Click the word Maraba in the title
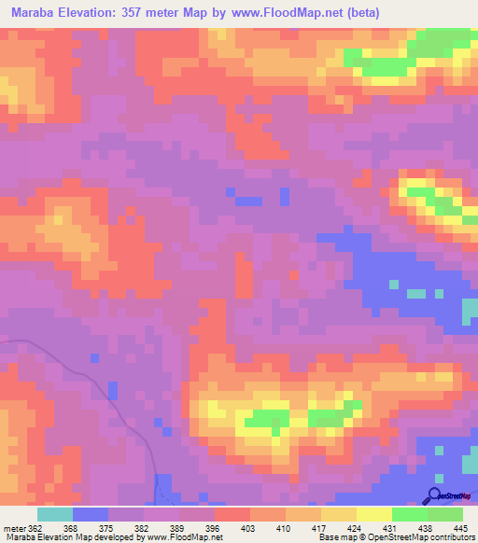tap(35, 12)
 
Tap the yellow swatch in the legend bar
tap(374, 515)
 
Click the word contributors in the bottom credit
tap(453, 537)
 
